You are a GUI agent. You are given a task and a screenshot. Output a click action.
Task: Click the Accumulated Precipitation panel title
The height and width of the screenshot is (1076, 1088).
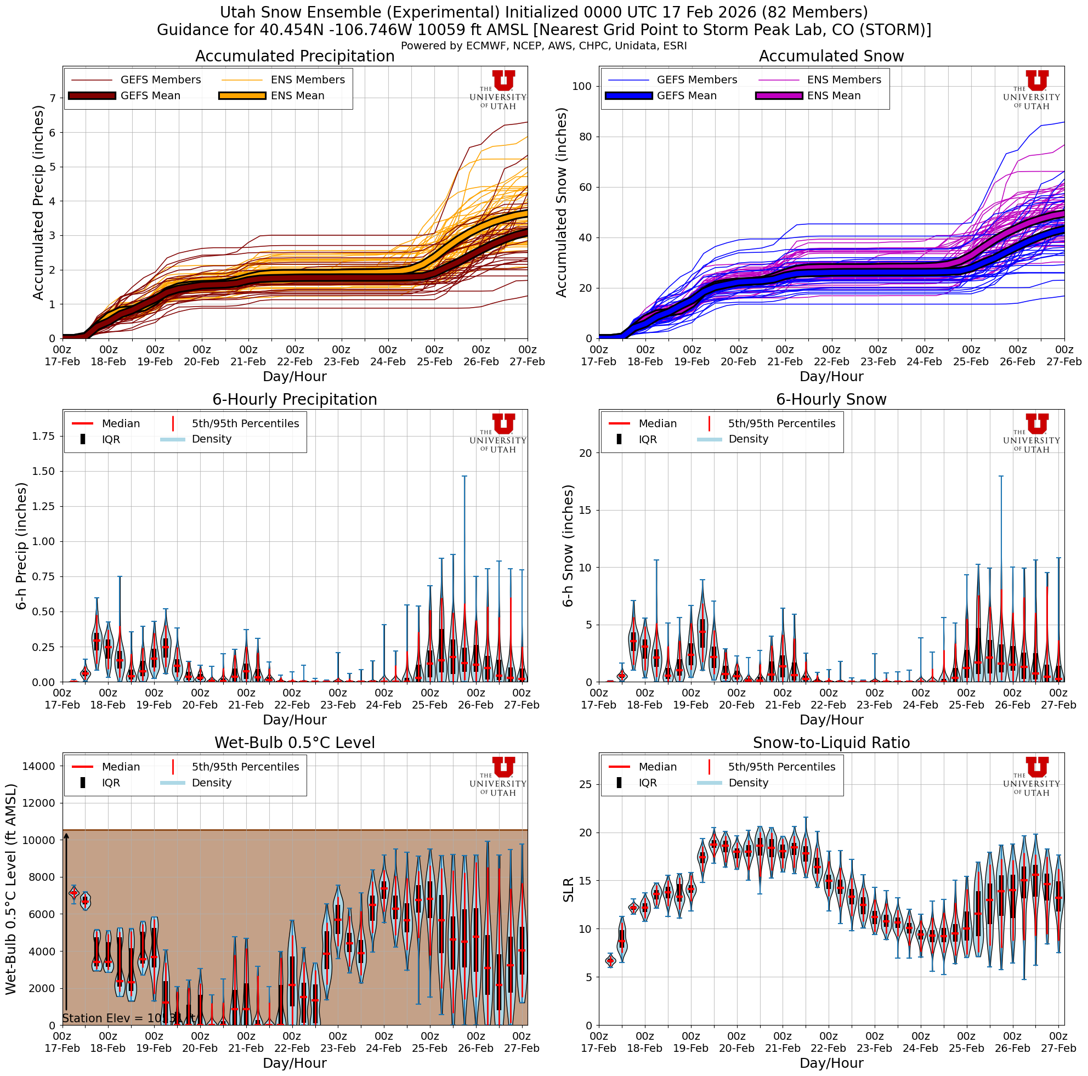294,56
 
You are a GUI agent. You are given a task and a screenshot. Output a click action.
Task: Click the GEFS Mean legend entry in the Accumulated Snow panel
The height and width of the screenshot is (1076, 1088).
686,96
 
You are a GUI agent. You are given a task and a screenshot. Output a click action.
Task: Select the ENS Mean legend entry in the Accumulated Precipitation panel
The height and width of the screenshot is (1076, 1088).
297,96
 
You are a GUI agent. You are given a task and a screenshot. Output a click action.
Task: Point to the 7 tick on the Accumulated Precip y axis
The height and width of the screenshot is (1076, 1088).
53,99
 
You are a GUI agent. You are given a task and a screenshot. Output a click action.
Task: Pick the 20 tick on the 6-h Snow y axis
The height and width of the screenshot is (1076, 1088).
585,453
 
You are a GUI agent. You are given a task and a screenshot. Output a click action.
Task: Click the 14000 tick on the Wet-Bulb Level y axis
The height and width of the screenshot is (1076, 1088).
39,766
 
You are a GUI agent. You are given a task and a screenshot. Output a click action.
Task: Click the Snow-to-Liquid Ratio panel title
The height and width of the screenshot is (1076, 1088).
831,743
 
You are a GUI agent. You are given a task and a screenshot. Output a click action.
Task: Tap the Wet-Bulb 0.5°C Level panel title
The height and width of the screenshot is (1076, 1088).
294,743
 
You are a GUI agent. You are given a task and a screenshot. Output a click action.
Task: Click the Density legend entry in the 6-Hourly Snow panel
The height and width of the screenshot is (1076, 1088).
748,439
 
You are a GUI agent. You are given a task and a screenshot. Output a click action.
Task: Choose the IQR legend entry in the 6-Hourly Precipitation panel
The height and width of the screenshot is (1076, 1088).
111,439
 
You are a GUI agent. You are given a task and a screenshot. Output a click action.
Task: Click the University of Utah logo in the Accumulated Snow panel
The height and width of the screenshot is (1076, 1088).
1031,90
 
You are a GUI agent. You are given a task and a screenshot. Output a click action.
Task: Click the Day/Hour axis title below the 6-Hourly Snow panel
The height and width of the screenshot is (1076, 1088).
831,720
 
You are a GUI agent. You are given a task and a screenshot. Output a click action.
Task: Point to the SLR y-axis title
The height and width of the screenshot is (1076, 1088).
569,890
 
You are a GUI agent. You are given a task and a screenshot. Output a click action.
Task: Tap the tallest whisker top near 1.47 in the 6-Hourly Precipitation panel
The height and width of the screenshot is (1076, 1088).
464,477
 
